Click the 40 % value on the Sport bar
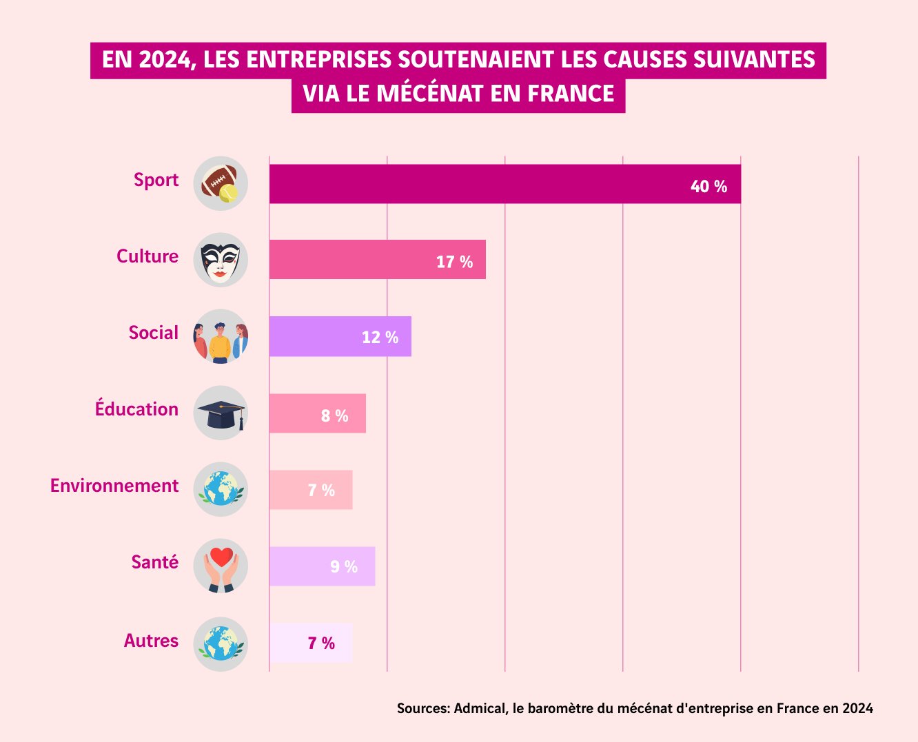click(x=708, y=187)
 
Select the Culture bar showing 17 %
click(x=377, y=260)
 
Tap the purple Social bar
click(x=340, y=336)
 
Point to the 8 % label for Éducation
click(x=334, y=415)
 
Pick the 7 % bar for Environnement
click(x=310, y=490)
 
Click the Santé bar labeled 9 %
click(x=322, y=566)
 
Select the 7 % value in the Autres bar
click(x=321, y=643)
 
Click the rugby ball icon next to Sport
click(x=221, y=184)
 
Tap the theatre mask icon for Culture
click(x=221, y=260)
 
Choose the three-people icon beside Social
click(x=221, y=337)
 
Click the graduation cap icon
click(x=221, y=413)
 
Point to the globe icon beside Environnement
click(x=221, y=489)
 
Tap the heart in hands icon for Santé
click(x=221, y=566)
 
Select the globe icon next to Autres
click(x=221, y=644)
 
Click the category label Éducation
click(x=136, y=409)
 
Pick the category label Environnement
click(x=114, y=486)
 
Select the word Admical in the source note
click(x=479, y=708)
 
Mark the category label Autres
click(x=151, y=641)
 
